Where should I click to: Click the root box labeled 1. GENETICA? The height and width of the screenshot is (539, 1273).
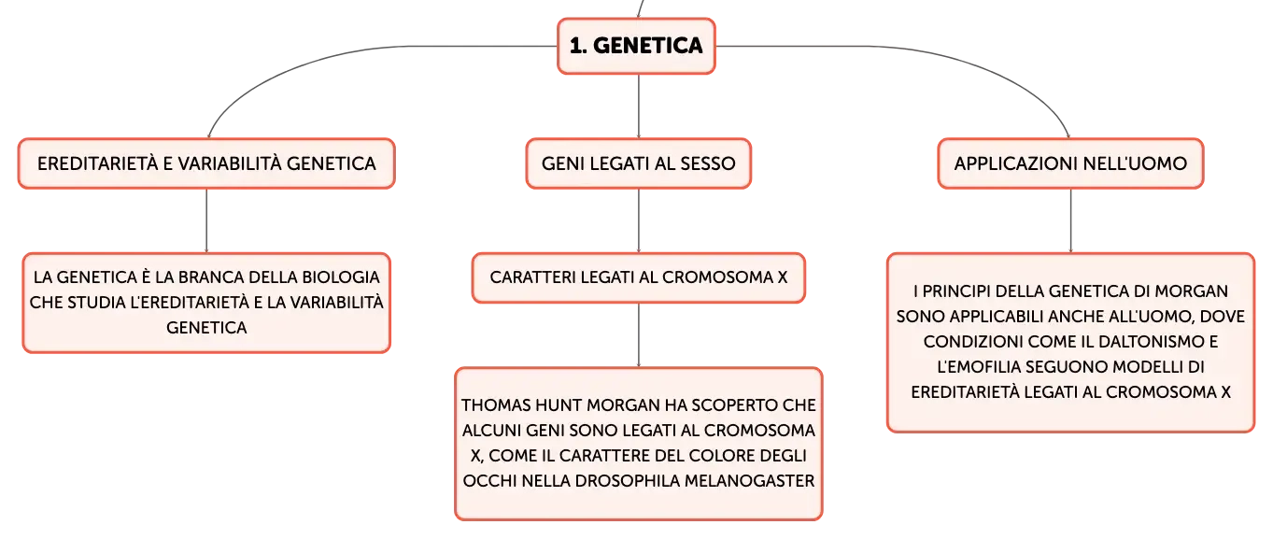coord(636,46)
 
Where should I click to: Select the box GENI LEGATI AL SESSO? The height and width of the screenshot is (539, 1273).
coord(638,163)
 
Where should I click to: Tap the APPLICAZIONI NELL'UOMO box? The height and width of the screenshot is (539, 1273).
coord(1070,163)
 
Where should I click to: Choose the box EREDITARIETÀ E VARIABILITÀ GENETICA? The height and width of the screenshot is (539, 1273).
coord(206,163)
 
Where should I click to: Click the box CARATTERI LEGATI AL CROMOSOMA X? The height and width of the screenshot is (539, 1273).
coord(638,277)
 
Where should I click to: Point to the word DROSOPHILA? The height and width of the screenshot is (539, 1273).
coord(627,481)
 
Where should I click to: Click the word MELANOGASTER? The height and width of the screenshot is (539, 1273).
coord(750,481)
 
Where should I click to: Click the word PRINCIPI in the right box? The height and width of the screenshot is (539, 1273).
coord(955,291)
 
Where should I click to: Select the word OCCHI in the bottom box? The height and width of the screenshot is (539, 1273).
coord(489,481)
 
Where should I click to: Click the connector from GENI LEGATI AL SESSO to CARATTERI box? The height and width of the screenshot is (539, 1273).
coord(638,220)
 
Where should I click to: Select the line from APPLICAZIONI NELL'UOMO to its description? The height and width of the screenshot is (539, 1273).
coord(1070,220)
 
